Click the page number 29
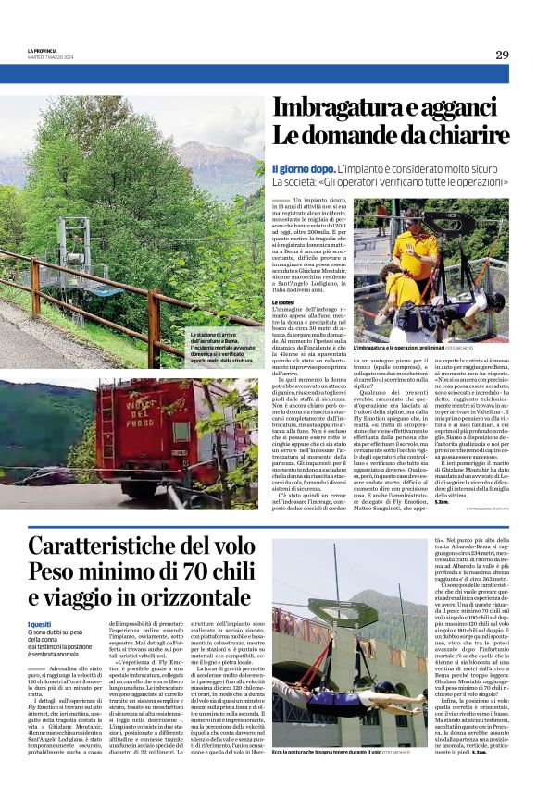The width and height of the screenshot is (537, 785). coord(501,55)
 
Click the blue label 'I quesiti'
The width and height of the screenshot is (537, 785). coord(41,598)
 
